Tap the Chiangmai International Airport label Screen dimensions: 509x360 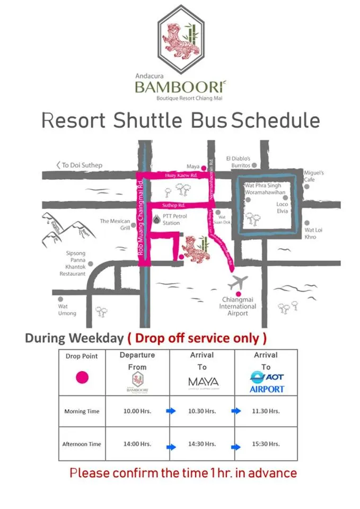click(x=238, y=306)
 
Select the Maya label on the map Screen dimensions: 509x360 click(x=193, y=166)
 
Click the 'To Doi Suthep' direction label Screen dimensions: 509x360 click(x=80, y=165)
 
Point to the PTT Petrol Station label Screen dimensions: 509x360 click(x=171, y=220)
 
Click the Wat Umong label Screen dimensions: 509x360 click(x=67, y=310)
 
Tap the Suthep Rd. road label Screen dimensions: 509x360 click(x=173, y=205)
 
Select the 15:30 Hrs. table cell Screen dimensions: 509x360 click(x=266, y=444)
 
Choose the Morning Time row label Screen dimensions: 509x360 click(x=82, y=411)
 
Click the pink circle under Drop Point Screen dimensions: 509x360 click(x=82, y=377)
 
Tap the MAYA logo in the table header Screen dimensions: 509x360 click(x=203, y=382)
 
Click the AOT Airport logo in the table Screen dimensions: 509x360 click(x=267, y=382)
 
